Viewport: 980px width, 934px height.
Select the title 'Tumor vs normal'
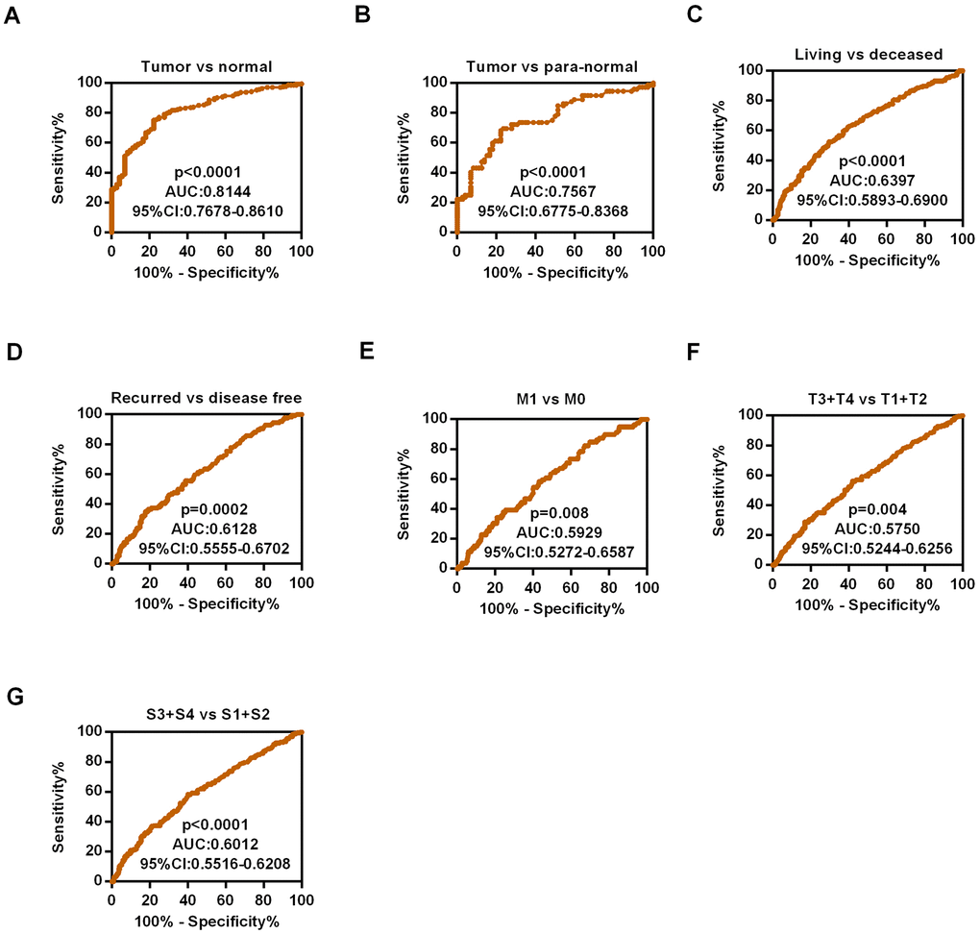(207, 66)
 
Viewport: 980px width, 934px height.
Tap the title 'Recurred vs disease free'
(206, 398)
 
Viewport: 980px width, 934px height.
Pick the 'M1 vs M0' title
(551, 402)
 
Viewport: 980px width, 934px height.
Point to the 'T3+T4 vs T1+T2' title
(868, 398)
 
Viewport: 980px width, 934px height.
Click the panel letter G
(13, 696)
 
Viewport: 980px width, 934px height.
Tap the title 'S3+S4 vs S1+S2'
(206, 715)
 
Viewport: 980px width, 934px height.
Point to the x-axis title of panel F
(867, 605)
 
